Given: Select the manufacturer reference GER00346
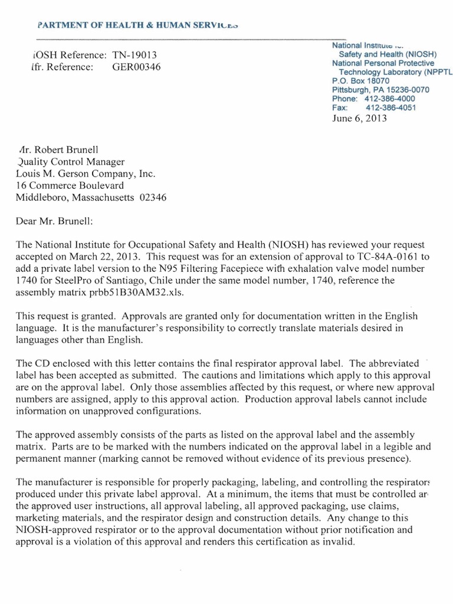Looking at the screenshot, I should [x=136, y=67].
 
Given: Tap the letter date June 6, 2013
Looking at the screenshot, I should [x=360, y=118].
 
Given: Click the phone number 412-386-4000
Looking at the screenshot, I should [x=390, y=99].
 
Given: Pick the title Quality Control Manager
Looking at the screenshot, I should [x=71, y=162].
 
